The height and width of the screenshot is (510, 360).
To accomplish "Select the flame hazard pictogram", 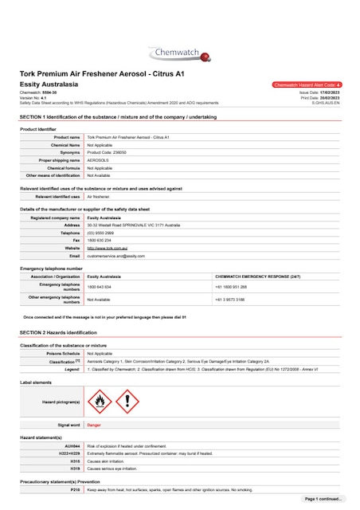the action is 98,402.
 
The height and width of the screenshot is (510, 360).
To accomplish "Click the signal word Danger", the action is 94,426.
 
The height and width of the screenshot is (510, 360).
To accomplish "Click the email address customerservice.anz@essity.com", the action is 115,256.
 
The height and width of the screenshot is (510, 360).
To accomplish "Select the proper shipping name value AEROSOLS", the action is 97,160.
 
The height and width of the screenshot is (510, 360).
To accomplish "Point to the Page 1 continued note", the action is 323,499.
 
